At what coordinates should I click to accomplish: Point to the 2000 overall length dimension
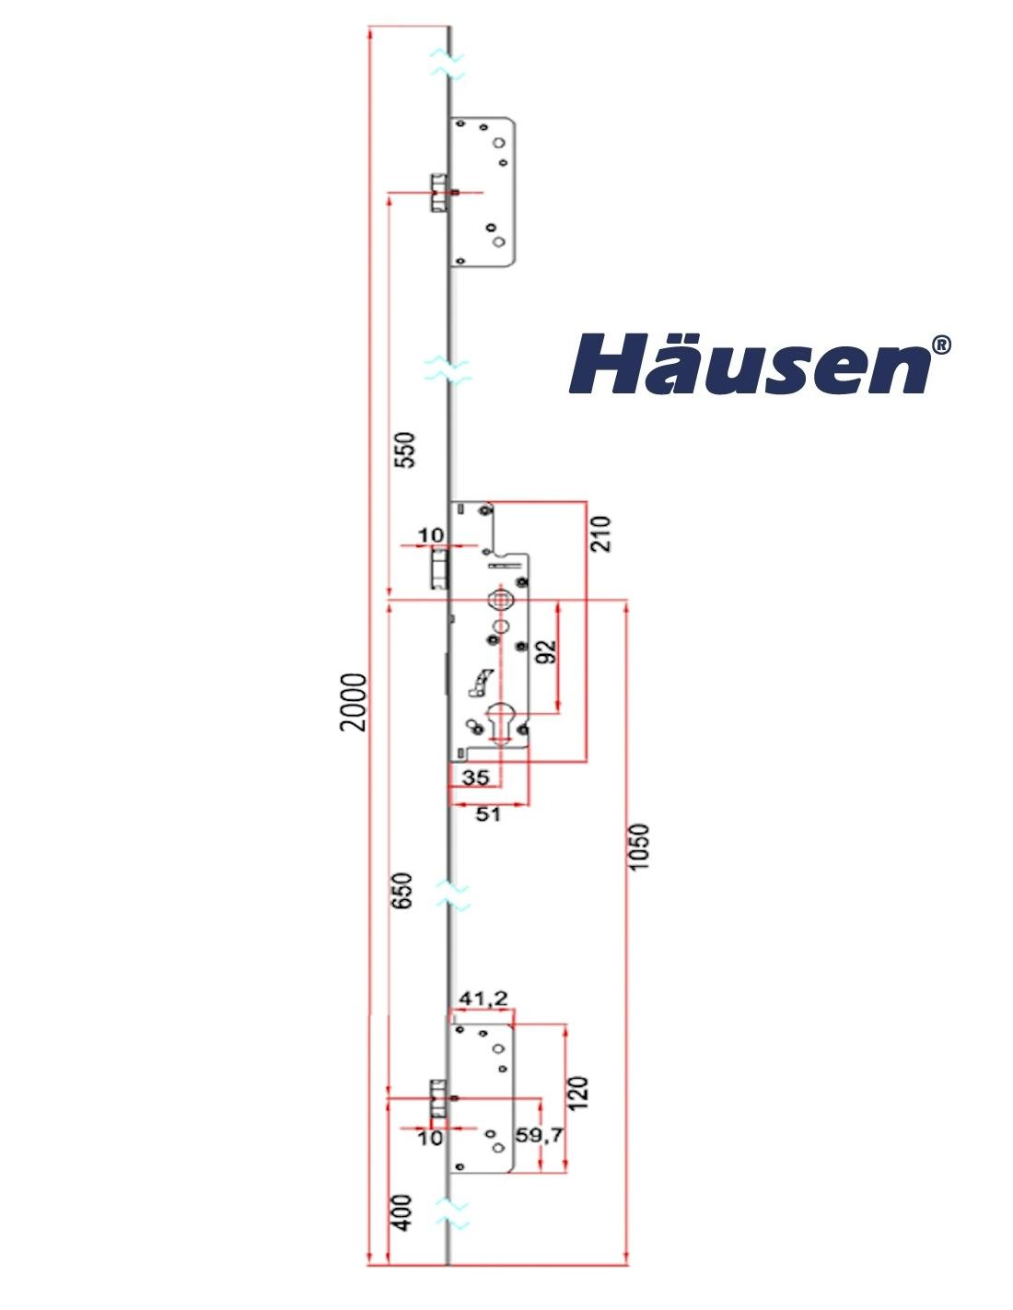[x=353, y=702]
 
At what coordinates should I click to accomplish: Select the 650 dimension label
[x=402, y=890]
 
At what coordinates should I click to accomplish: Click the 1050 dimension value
[x=639, y=847]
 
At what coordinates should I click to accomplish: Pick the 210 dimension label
[x=600, y=533]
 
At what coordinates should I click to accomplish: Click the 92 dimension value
[x=547, y=652]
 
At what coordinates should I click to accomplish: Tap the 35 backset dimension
[x=475, y=778]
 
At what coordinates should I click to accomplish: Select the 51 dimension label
[x=488, y=813]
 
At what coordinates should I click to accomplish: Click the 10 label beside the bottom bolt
[x=430, y=1138]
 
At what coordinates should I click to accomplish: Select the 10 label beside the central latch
[x=430, y=534]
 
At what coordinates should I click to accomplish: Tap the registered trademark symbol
[x=941, y=345]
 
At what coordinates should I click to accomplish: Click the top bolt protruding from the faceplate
[x=438, y=193]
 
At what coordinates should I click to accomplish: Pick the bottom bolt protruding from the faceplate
[x=438, y=1098]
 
